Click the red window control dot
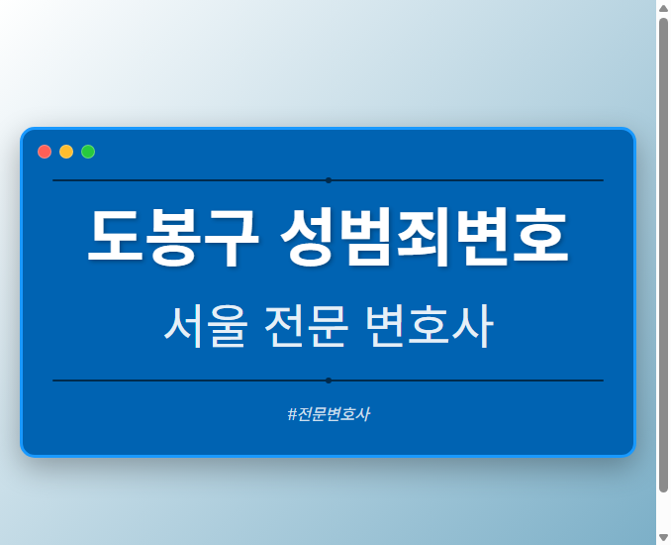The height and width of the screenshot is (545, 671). [x=45, y=152]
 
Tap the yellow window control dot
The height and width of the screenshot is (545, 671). [x=66, y=152]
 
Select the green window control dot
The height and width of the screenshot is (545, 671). [x=88, y=152]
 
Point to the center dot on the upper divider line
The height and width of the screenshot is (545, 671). [x=328, y=180]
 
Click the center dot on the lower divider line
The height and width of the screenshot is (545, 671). [x=328, y=381]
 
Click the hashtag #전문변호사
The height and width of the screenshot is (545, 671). [x=328, y=414]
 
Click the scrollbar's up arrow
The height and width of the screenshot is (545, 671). [x=663, y=8]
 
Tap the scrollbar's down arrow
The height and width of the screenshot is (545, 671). [x=663, y=537]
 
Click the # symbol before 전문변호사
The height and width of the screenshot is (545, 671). [x=292, y=414]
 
